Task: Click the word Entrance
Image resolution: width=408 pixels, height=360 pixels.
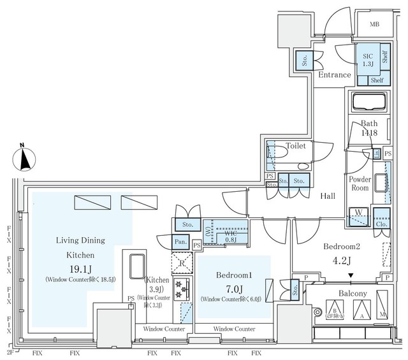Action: point(335,75)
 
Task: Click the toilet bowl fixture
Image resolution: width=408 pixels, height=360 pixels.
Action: point(281,153)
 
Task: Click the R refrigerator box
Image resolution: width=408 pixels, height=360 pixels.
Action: point(182,262)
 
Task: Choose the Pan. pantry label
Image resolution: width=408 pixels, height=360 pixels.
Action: point(180,241)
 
